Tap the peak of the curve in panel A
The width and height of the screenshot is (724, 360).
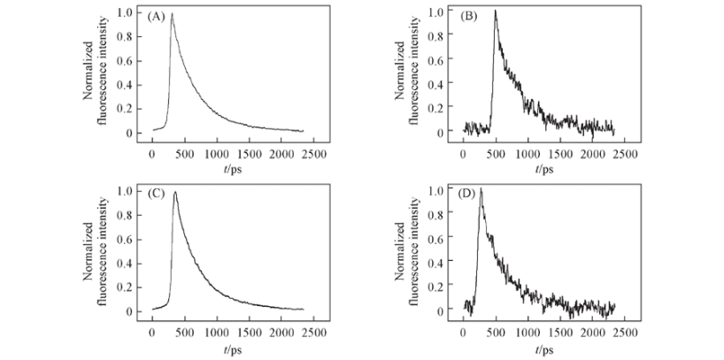coord(172,14)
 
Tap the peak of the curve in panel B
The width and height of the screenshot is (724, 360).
coord(496,11)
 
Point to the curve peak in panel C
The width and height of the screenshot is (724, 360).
coord(175,193)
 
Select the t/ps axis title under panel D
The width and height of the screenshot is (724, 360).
coord(544,348)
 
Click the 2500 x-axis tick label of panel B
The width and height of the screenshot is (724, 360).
coord(626,155)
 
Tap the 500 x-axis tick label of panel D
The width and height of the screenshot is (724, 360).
coord(496,333)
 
